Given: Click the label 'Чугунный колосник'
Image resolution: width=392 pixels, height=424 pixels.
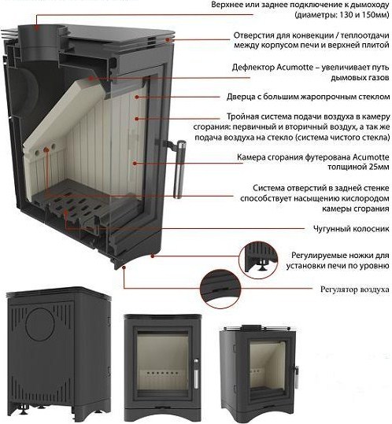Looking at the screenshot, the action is click(x=351, y=229).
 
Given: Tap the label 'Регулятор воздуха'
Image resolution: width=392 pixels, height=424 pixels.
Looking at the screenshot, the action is click(x=355, y=289).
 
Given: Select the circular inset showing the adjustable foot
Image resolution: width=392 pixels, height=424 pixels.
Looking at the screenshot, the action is click(x=258, y=260).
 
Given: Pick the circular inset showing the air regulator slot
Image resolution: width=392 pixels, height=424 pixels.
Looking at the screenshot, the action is click(x=220, y=288).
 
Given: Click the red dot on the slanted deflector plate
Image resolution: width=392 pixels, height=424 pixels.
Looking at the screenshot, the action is click(x=91, y=78).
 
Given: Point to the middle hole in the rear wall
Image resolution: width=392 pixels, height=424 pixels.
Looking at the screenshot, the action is click(x=46, y=149).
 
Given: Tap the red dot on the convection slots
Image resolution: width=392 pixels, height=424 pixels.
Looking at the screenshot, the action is click(x=168, y=40).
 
